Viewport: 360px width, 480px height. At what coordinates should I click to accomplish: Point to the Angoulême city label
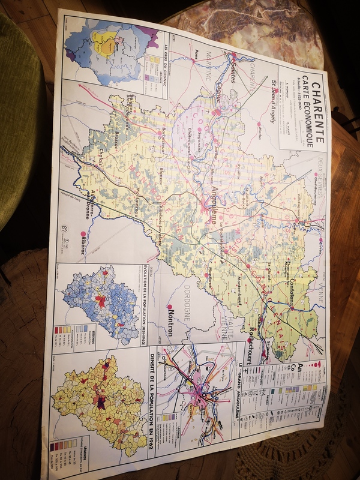tap(210, 200)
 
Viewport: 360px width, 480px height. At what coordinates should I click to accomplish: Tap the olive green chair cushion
tap(18, 120)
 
